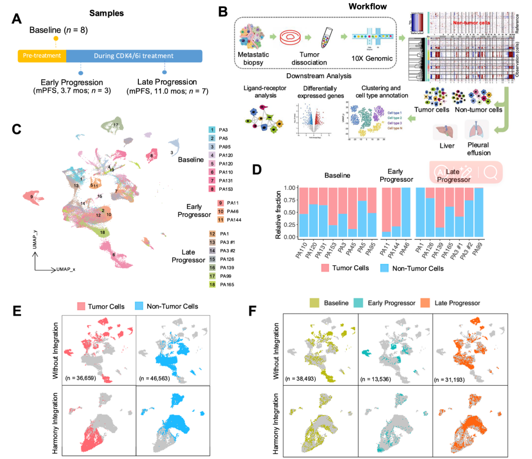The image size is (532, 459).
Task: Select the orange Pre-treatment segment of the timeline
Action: coord(42,55)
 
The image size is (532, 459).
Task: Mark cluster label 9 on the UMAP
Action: coord(32,196)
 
